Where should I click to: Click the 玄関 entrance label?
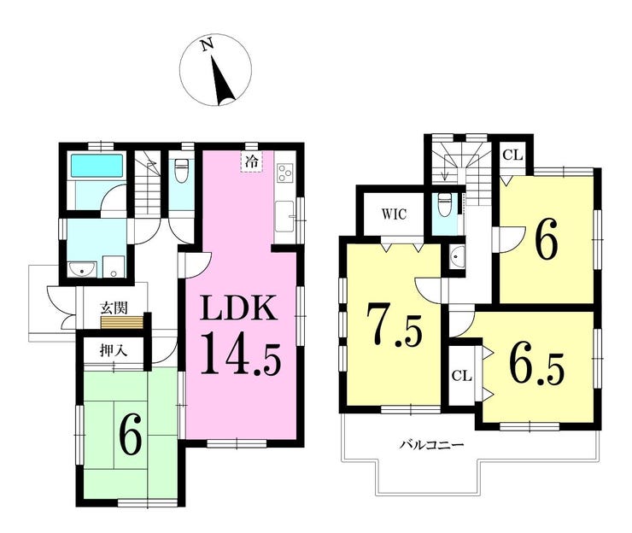[111, 307]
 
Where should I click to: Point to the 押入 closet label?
[112, 349]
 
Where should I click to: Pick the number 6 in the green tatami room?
[130, 436]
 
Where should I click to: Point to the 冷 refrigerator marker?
[252, 160]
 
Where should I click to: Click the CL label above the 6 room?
[511, 155]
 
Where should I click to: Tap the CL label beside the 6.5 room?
[461, 375]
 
